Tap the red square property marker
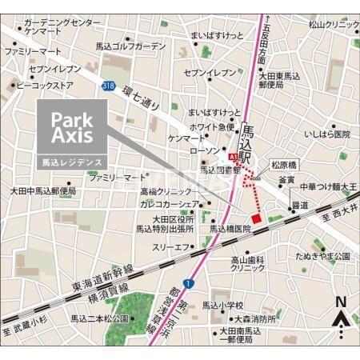(256, 218)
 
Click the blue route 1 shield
(186, 284)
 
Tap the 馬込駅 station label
(248, 141)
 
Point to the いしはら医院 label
(326, 134)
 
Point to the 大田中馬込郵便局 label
(43, 191)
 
